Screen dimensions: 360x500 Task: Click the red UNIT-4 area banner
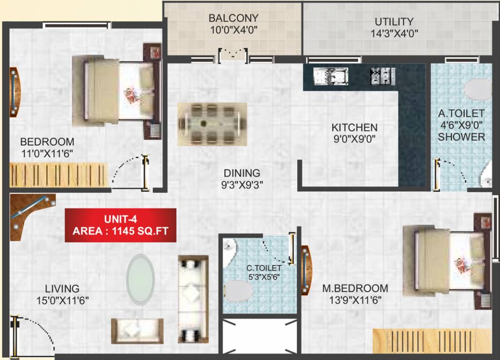pos(121,225)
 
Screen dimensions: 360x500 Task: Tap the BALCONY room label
pos(233,18)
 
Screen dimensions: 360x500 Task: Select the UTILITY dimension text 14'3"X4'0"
pos(394,33)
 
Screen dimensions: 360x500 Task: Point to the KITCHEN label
pos(354,127)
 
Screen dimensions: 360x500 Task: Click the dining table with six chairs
pos(212,124)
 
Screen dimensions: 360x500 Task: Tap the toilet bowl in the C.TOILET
pos(238,291)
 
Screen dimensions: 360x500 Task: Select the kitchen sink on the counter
pos(331,75)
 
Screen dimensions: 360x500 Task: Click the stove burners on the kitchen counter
pos(382,76)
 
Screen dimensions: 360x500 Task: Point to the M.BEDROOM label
pos(355,288)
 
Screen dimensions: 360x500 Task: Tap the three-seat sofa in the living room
pos(193,300)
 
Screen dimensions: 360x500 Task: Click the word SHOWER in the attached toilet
pos(462,137)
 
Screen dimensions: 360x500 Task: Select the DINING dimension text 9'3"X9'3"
pos(242,185)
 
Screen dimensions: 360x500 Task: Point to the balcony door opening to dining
pos(234,55)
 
